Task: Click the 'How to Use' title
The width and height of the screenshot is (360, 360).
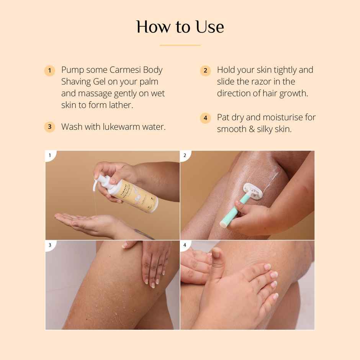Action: (x=180, y=27)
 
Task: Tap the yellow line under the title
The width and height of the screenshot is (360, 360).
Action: (x=180, y=45)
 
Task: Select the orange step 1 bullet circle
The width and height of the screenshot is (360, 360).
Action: (x=50, y=70)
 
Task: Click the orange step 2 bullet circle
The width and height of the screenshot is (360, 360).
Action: (x=205, y=70)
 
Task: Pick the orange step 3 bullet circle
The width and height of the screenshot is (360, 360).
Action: (x=50, y=127)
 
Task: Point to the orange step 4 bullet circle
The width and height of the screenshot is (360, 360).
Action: (x=205, y=118)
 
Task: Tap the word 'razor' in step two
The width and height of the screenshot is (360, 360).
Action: (x=262, y=82)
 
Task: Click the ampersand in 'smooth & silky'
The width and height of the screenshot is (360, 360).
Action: (x=252, y=129)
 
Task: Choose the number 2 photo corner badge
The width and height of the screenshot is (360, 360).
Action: (x=185, y=155)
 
